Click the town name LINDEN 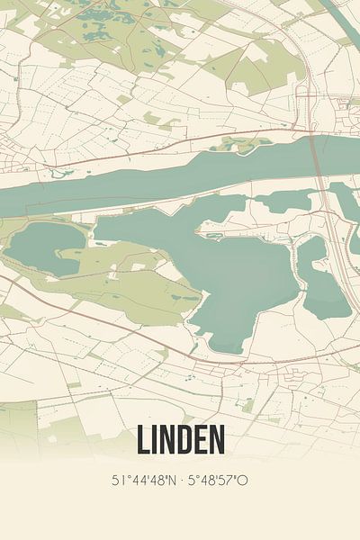pyautogui.click(x=180, y=440)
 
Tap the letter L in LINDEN pyautogui.click(x=142, y=440)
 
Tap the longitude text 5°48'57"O pyautogui.click(x=217, y=480)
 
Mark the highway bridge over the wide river pyautogui.click(x=318, y=157)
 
